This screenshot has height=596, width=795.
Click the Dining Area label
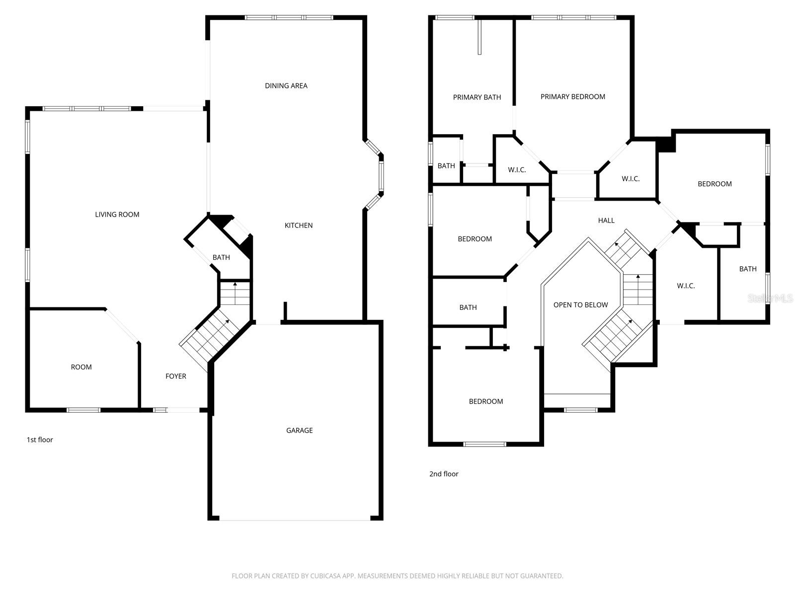[286, 86]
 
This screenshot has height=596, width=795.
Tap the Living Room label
[117, 215]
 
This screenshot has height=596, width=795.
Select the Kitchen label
[299, 225]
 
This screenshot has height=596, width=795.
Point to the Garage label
[300, 431]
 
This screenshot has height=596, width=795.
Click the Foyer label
[176, 376]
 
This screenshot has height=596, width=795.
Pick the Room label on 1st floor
[81, 367]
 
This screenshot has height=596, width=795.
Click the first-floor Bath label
[221, 257]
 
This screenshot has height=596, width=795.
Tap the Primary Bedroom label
[573, 97]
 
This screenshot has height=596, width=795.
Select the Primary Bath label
[477, 97]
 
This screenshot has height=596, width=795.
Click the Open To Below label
[581, 305]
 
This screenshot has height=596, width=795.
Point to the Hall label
[606, 221]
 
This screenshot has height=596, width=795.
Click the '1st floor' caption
[40, 440]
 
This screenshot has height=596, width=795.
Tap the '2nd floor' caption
[444, 474]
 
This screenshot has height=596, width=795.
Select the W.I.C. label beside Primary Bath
[517, 170]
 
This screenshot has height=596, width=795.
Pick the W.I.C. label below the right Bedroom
[686, 286]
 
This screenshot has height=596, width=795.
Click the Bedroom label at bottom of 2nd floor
[486, 401]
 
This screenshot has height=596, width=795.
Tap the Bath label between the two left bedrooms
[468, 307]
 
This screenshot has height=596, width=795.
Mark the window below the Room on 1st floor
[83, 410]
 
